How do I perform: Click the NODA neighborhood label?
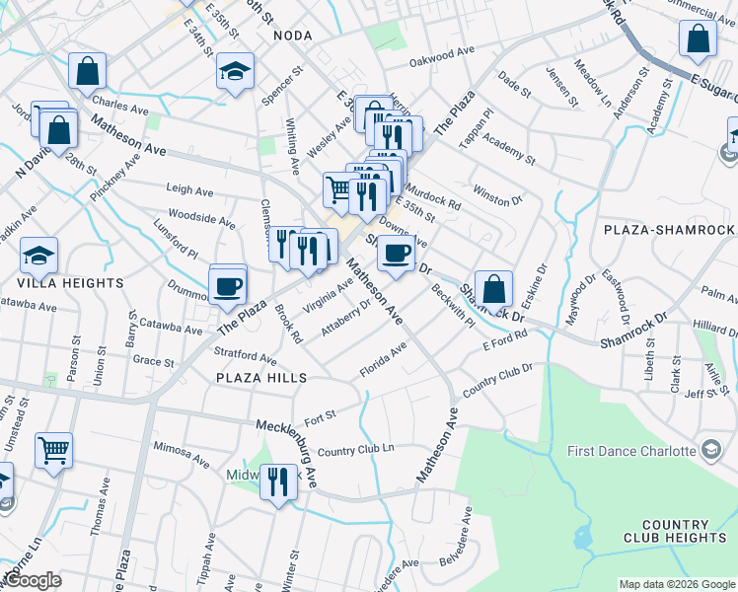[293, 36]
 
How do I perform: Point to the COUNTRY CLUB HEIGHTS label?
[675, 531]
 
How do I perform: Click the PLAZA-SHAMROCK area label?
[670, 230]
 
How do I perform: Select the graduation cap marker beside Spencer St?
[236, 71]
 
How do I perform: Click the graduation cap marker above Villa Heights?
[39, 256]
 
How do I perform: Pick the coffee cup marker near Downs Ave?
[397, 253]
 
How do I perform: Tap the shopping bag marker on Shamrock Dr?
[494, 289]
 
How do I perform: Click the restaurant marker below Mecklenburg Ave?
[279, 481]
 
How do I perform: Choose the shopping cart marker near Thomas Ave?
[53, 450]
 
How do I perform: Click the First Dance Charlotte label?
[631, 451]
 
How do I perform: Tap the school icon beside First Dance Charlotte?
[710, 451]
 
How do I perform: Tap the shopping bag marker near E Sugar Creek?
[698, 40]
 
